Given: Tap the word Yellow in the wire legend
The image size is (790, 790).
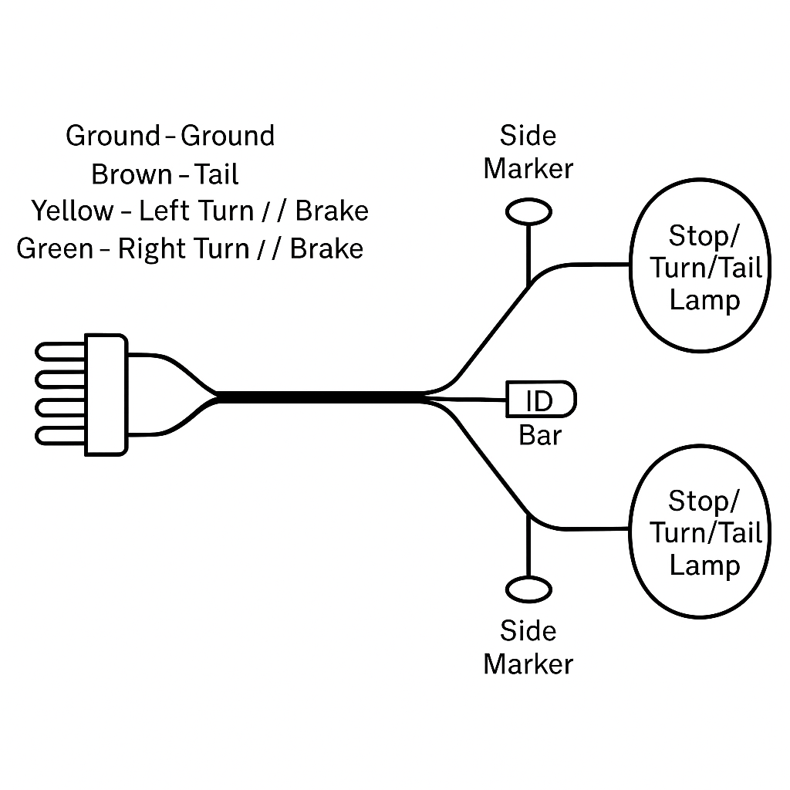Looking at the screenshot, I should pyautogui.click(x=71, y=211).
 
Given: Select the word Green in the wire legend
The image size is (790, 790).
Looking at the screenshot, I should pyautogui.click(x=54, y=249).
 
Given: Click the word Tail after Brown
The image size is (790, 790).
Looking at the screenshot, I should pyautogui.click(x=216, y=174).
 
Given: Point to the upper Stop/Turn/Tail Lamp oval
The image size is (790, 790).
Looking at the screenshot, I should pyautogui.click(x=701, y=267).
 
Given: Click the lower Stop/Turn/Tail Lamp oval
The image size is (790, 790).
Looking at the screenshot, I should pyautogui.click(x=701, y=532).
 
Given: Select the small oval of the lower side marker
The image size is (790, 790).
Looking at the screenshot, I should pyautogui.click(x=528, y=589).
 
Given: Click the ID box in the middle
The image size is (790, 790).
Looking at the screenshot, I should pyautogui.click(x=541, y=400).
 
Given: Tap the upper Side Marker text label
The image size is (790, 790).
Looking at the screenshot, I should pyautogui.click(x=528, y=152).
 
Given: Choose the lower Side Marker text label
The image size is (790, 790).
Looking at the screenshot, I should pyautogui.click(x=528, y=647).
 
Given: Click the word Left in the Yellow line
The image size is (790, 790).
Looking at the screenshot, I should pyautogui.click(x=165, y=211).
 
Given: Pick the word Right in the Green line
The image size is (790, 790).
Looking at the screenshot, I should pyautogui.click(x=147, y=249).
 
